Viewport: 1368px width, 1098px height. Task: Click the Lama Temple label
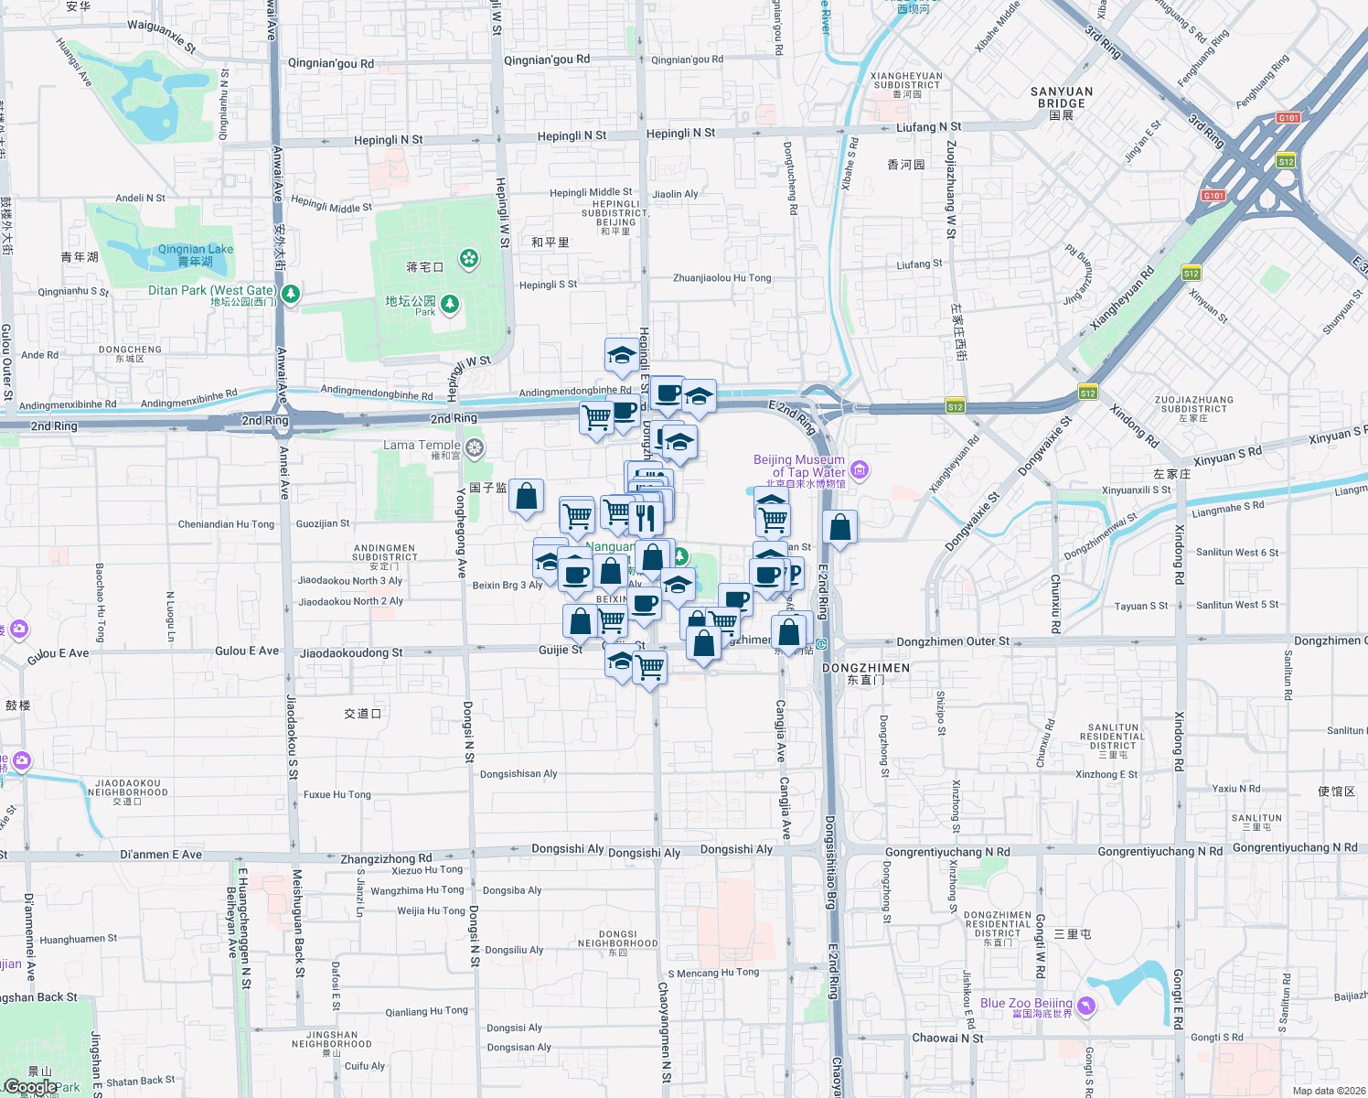[422, 446]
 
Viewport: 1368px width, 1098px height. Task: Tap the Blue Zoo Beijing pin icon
[1085, 1006]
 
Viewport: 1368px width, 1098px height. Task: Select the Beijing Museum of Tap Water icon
[860, 470]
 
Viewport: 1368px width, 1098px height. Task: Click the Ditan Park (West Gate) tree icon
[291, 294]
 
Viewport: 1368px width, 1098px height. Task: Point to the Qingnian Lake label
[195, 250]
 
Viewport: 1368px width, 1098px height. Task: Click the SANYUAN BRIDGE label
[1061, 98]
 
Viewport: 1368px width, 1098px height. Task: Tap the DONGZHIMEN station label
[865, 668]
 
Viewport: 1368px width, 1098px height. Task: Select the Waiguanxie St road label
[161, 36]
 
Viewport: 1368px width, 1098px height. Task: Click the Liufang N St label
[928, 127]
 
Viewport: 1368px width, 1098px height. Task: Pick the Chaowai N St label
[947, 1038]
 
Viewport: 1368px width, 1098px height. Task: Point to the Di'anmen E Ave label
[161, 855]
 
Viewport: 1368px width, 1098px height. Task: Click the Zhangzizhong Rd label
[386, 859]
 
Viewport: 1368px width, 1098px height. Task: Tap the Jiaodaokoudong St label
[351, 653]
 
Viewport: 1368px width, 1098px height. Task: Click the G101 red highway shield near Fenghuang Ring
[1288, 118]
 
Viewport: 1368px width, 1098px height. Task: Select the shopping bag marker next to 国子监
[527, 497]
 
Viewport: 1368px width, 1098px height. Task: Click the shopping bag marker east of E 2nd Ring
[839, 528]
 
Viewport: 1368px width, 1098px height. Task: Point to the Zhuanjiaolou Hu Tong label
[721, 278]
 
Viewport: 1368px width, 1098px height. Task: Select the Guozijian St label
[323, 524]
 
